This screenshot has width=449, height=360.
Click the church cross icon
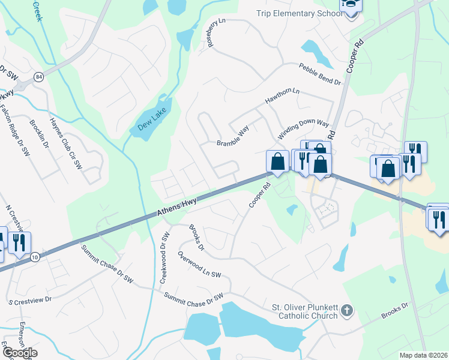(x=346, y=310)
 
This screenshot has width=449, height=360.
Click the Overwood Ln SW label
(x=199, y=265)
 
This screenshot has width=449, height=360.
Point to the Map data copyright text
(x=423, y=355)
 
